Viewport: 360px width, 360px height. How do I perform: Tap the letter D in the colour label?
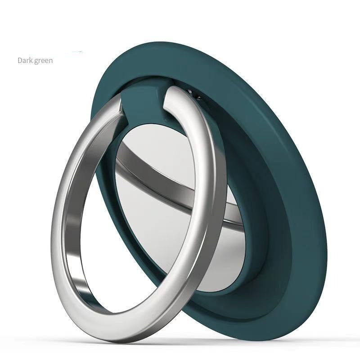pos(20,60)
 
